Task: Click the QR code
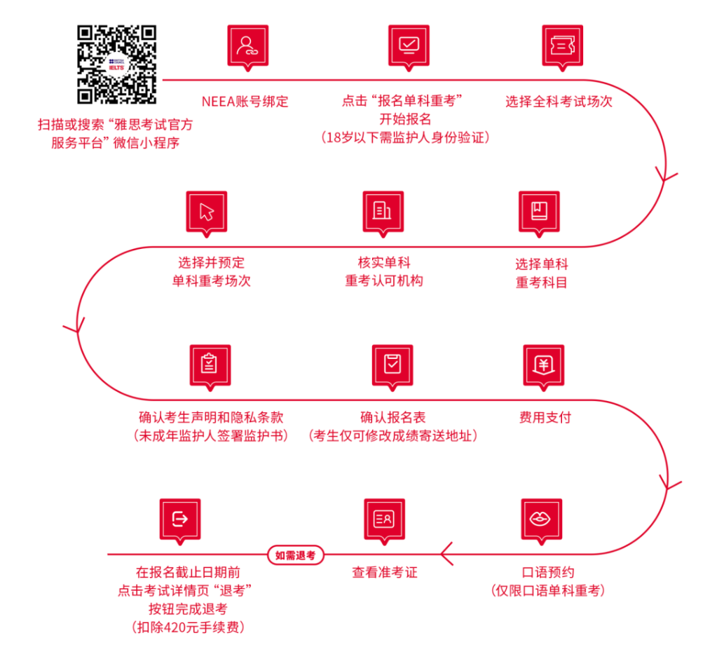coord(117,64)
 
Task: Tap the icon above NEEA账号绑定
coord(247,46)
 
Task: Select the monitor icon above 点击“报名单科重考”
coord(409,46)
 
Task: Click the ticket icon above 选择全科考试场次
coord(562,46)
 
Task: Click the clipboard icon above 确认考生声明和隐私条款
coord(210,365)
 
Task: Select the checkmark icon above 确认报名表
coord(392,365)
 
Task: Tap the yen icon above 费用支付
coord(543,365)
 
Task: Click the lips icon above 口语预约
coord(541,519)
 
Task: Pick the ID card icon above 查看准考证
coord(384,519)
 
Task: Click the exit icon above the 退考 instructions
coord(180,519)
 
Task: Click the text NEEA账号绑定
coord(245,101)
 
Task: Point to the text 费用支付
coord(545,418)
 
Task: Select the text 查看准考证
coord(384,572)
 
